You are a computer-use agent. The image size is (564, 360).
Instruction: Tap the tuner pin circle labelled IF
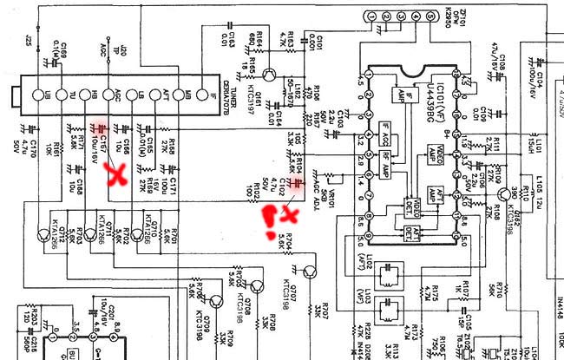pyautogui.click(x=202, y=95)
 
